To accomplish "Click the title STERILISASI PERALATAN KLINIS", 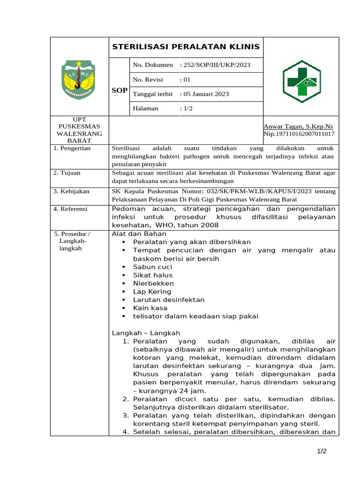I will (x=186, y=47).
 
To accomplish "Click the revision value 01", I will (x=185, y=80).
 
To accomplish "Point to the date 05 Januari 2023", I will (x=204, y=94).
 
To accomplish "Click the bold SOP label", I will (x=120, y=90).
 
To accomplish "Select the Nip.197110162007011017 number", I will (x=299, y=134).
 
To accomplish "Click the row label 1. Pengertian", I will (x=72, y=148).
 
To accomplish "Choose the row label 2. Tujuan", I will (x=67, y=172).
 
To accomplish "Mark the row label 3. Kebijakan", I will (x=71, y=191).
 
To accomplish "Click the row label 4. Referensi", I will (x=71, y=209).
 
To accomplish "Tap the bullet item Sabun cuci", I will (x=152, y=267).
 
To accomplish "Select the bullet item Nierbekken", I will (x=153, y=283).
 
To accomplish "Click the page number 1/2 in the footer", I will (x=321, y=451).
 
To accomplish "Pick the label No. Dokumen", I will (x=153, y=65).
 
